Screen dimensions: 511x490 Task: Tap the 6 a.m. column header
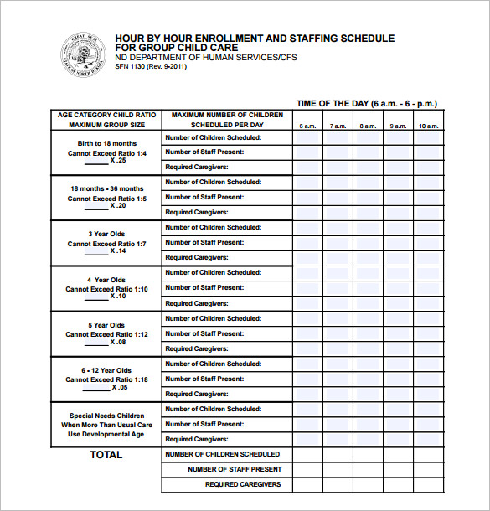pyautogui.click(x=307, y=126)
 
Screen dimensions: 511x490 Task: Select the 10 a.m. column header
pyautogui.click(x=428, y=126)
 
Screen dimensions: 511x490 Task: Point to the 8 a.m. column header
pyautogui.click(x=368, y=126)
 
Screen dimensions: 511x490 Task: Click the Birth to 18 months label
pyautogui.click(x=107, y=144)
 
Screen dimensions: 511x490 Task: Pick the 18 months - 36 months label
pyautogui.click(x=107, y=189)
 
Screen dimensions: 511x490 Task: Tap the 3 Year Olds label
pyautogui.click(x=107, y=235)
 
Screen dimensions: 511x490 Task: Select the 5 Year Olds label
pyautogui.click(x=107, y=325)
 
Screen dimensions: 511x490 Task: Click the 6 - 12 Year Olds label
pyautogui.click(x=107, y=370)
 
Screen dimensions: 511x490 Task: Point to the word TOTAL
pyautogui.click(x=106, y=455)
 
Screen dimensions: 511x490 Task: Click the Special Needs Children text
pyautogui.click(x=107, y=416)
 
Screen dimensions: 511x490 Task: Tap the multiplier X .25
pyautogui.click(x=117, y=160)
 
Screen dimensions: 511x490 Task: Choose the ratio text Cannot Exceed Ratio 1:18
pyautogui.click(x=107, y=379)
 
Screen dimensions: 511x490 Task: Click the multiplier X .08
pyautogui.click(x=117, y=342)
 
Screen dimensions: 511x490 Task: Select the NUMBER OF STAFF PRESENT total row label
pyautogui.click(x=235, y=469)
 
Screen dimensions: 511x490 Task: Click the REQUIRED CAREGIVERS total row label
pyautogui.click(x=243, y=484)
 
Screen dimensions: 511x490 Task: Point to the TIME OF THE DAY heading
pyautogui.click(x=367, y=104)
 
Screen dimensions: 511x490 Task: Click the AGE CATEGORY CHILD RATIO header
pyautogui.click(x=107, y=115)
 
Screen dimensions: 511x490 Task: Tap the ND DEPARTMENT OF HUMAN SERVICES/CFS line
pyautogui.click(x=205, y=57)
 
